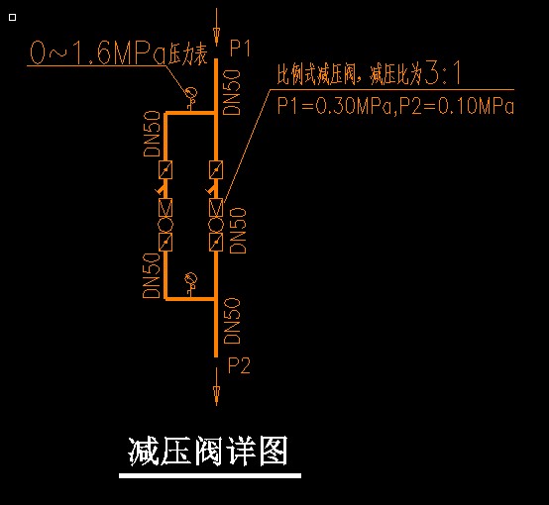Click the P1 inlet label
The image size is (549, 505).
click(x=240, y=48)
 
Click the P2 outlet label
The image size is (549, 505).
click(x=239, y=365)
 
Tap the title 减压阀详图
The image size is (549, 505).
click(x=208, y=452)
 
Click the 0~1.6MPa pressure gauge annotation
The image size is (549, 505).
click(x=119, y=52)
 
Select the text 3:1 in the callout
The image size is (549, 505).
click(x=443, y=73)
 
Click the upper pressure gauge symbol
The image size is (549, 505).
click(x=190, y=94)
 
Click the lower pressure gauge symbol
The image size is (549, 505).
click(x=190, y=279)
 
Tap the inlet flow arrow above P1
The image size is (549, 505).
click(x=216, y=27)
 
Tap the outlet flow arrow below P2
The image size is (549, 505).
click(x=216, y=387)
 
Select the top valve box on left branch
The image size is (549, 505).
click(x=165, y=169)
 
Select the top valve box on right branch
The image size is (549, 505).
click(x=216, y=169)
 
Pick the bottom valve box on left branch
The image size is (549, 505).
click(x=165, y=242)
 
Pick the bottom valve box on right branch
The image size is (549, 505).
click(x=216, y=242)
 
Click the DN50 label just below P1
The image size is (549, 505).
click(x=232, y=92)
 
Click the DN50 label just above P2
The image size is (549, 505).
click(x=232, y=321)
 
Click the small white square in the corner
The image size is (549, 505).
click(x=12, y=17)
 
